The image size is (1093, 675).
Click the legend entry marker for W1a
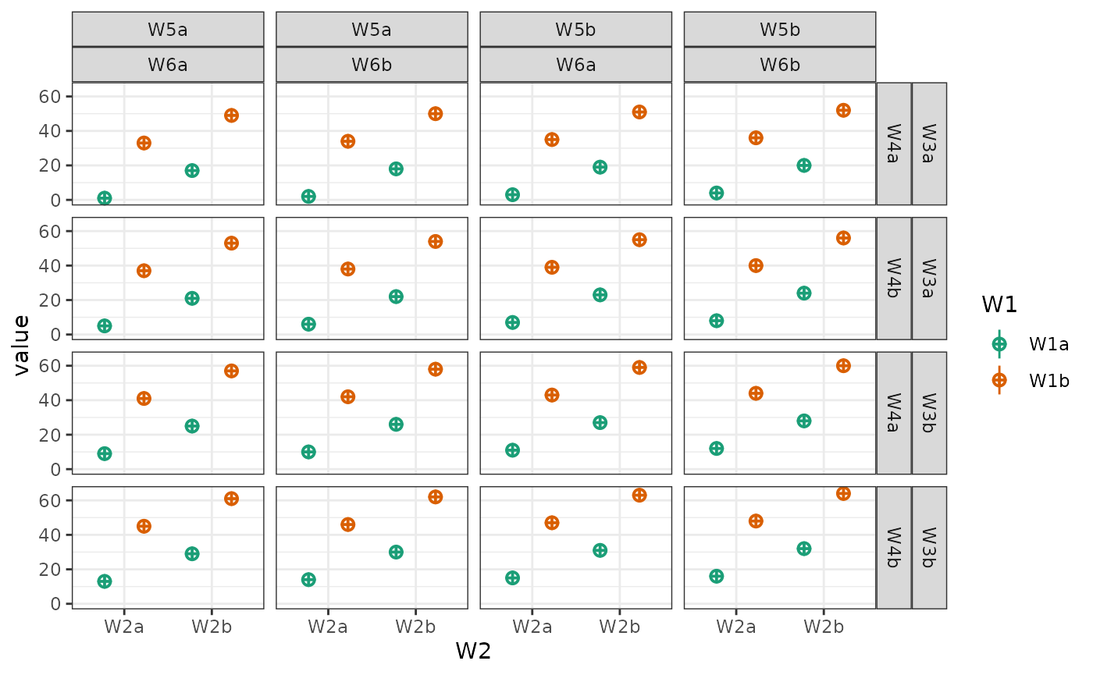tap(999, 343)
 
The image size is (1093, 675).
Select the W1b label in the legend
tap(1048, 380)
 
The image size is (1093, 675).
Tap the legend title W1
tap(999, 305)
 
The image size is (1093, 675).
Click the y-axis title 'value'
tap(22, 345)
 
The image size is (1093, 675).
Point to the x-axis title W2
tap(473, 651)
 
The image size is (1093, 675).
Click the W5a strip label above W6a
tap(168, 30)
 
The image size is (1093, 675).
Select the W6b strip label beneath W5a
tap(372, 65)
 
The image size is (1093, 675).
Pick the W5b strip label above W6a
tap(575, 30)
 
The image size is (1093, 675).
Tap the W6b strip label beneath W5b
tap(780, 65)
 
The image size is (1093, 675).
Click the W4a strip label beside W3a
tap(894, 144)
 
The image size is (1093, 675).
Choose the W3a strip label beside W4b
tap(929, 278)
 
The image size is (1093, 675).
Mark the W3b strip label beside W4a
tap(929, 412)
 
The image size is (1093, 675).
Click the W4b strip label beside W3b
tap(894, 547)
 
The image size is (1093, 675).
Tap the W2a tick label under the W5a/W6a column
tap(124, 626)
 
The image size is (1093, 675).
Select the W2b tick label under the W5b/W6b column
tap(824, 626)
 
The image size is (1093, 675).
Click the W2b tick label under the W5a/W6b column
tap(415, 626)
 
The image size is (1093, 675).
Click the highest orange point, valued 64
tap(843, 493)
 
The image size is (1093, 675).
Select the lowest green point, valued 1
tap(105, 198)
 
